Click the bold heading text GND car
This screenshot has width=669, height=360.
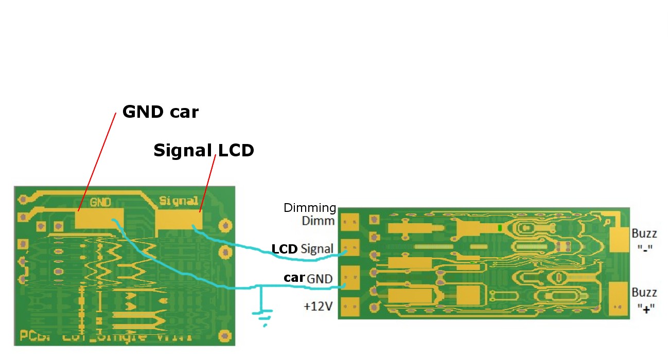point(160,112)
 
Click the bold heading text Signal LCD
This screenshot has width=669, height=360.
point(204,150)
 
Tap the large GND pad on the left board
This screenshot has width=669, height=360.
point(100,219)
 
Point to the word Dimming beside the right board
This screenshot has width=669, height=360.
point(310,208)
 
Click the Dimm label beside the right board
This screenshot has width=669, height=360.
point(318,222)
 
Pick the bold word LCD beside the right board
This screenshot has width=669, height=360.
point(285,249)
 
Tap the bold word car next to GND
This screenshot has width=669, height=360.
point(294,278)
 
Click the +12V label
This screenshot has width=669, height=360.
point(318,307)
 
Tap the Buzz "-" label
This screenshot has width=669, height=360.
point(644,240)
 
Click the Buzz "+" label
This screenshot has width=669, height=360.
point(644,300)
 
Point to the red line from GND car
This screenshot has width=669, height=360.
point(97,162)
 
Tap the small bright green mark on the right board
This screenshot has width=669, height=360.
point(500,227)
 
